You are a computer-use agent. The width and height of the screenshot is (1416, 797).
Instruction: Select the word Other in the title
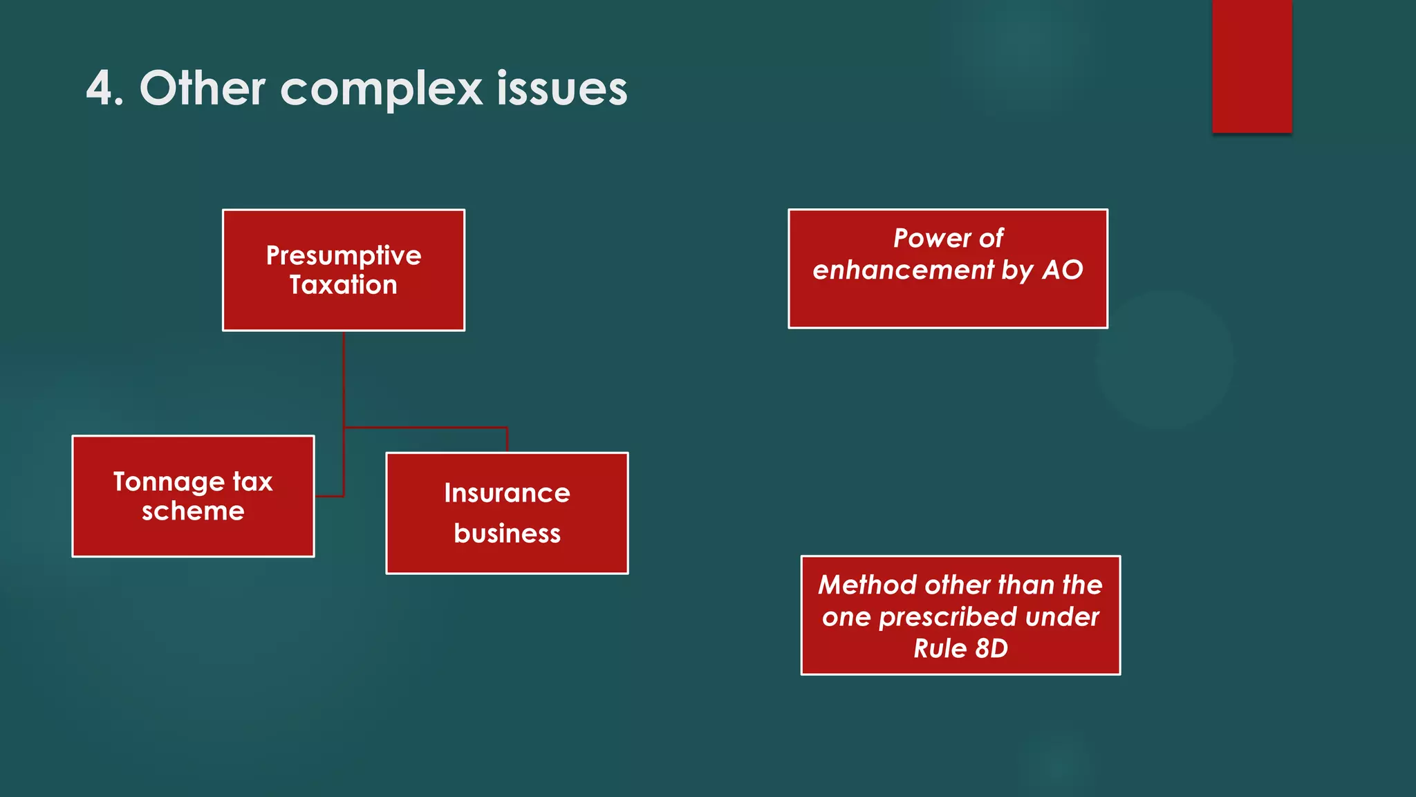coord(202,89)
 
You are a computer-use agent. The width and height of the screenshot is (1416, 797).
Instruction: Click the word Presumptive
coord(344,255)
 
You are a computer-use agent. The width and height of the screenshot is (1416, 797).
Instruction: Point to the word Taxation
coord(344,285)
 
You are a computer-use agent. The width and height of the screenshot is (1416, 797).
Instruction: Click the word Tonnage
coord(169,482)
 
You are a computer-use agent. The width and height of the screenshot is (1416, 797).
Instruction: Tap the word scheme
coord(193,511)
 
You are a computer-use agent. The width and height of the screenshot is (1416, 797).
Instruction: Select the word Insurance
coord(507,493)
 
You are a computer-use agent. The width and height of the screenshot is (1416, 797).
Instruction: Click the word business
coord(507,533)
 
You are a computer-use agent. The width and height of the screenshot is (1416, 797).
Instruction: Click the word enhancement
coord(903,270)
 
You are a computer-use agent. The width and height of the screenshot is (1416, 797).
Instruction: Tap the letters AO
coord(1063,270)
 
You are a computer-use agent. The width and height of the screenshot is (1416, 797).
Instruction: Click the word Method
coord(867,585)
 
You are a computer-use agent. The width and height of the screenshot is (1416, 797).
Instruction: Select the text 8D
coord(991,649)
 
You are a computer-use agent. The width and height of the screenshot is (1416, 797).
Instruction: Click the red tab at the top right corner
coord(1251,66)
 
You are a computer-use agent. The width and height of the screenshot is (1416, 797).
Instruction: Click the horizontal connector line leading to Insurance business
coord(425,428)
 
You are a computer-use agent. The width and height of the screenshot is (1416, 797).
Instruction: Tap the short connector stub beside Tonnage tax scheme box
coord(329,496)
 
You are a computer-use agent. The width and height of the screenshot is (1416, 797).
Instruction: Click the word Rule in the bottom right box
coord(940,649)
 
